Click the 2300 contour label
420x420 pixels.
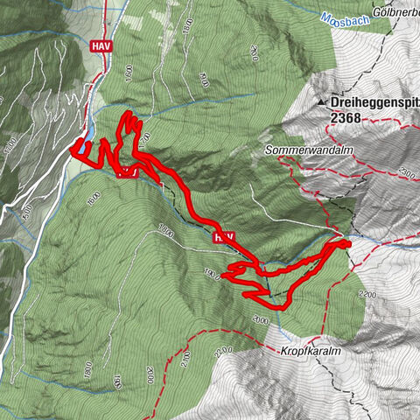[x=406, y=175]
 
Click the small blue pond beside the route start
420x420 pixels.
[x=84, y=155]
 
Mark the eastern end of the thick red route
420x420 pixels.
[x=347, y=243]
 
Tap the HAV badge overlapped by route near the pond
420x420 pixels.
[x=128, y=171]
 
